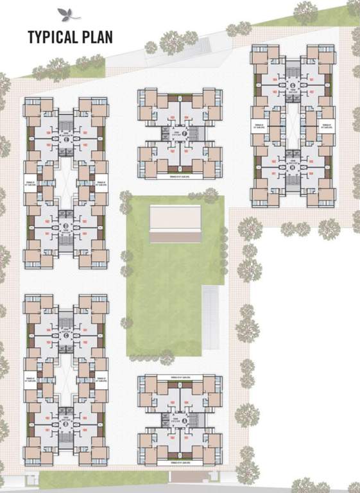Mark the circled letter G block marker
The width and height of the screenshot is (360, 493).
coord(293,85)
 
